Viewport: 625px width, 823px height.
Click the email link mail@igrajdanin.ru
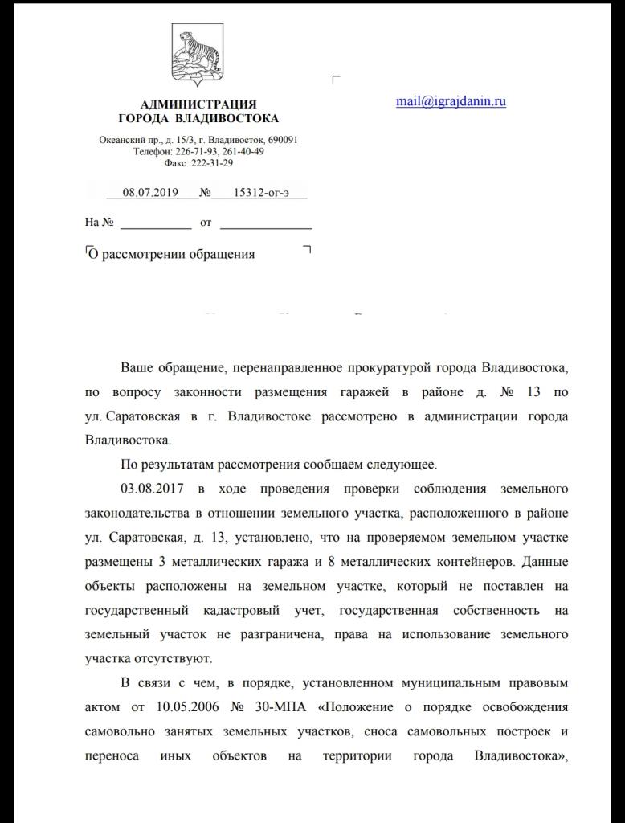(451, 101)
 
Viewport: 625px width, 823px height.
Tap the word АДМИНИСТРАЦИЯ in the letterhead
(198, 104)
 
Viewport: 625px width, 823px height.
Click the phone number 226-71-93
(195, 151)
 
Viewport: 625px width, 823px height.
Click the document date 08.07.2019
(150, 193)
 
